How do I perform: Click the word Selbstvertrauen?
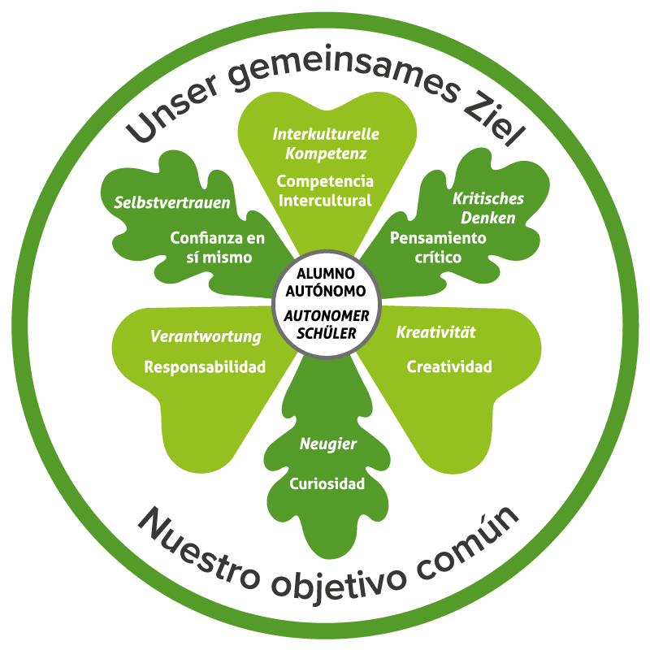(x=171, y=202)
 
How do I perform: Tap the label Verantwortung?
(x=206, y=336)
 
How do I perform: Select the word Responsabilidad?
(x=205, y=366)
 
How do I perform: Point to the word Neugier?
(x=328, y=444)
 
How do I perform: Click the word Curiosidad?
(x=327, y=483)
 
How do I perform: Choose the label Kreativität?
(x=435, y=332)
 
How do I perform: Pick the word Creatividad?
(x=449, y=366)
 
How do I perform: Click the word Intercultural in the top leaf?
(x=324, y=200)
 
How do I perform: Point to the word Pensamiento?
(x=438, y=238)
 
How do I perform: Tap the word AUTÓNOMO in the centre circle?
(x=326, y=289)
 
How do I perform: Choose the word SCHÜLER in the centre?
(x=326, y=332)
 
